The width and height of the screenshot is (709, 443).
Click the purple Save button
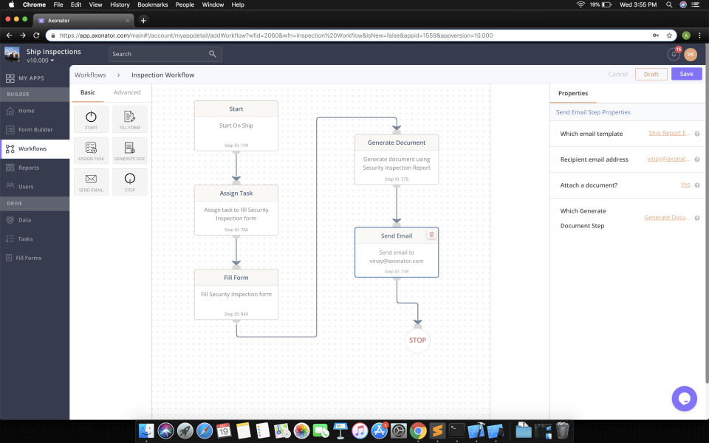686,74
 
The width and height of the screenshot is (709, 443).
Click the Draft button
651,74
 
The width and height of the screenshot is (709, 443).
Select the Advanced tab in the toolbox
127,92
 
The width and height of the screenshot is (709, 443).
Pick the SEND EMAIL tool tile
91,182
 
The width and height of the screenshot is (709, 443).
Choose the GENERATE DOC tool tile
129,150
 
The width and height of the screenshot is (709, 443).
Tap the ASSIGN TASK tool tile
91,150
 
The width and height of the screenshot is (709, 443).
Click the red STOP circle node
417,340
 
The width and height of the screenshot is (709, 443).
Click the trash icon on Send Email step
432,235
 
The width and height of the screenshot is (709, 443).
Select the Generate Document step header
397,142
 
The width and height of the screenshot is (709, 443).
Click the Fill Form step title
236,278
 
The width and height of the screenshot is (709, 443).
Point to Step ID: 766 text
236,230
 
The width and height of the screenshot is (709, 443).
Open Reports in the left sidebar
29,168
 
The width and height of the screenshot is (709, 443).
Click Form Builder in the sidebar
35,129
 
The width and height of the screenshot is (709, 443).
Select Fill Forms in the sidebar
29,258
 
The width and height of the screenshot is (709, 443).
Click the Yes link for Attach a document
685,185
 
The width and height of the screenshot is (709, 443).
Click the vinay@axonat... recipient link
668,159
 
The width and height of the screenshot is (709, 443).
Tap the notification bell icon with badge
673,54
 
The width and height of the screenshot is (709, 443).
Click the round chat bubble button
684,399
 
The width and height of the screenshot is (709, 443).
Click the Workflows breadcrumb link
90,75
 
